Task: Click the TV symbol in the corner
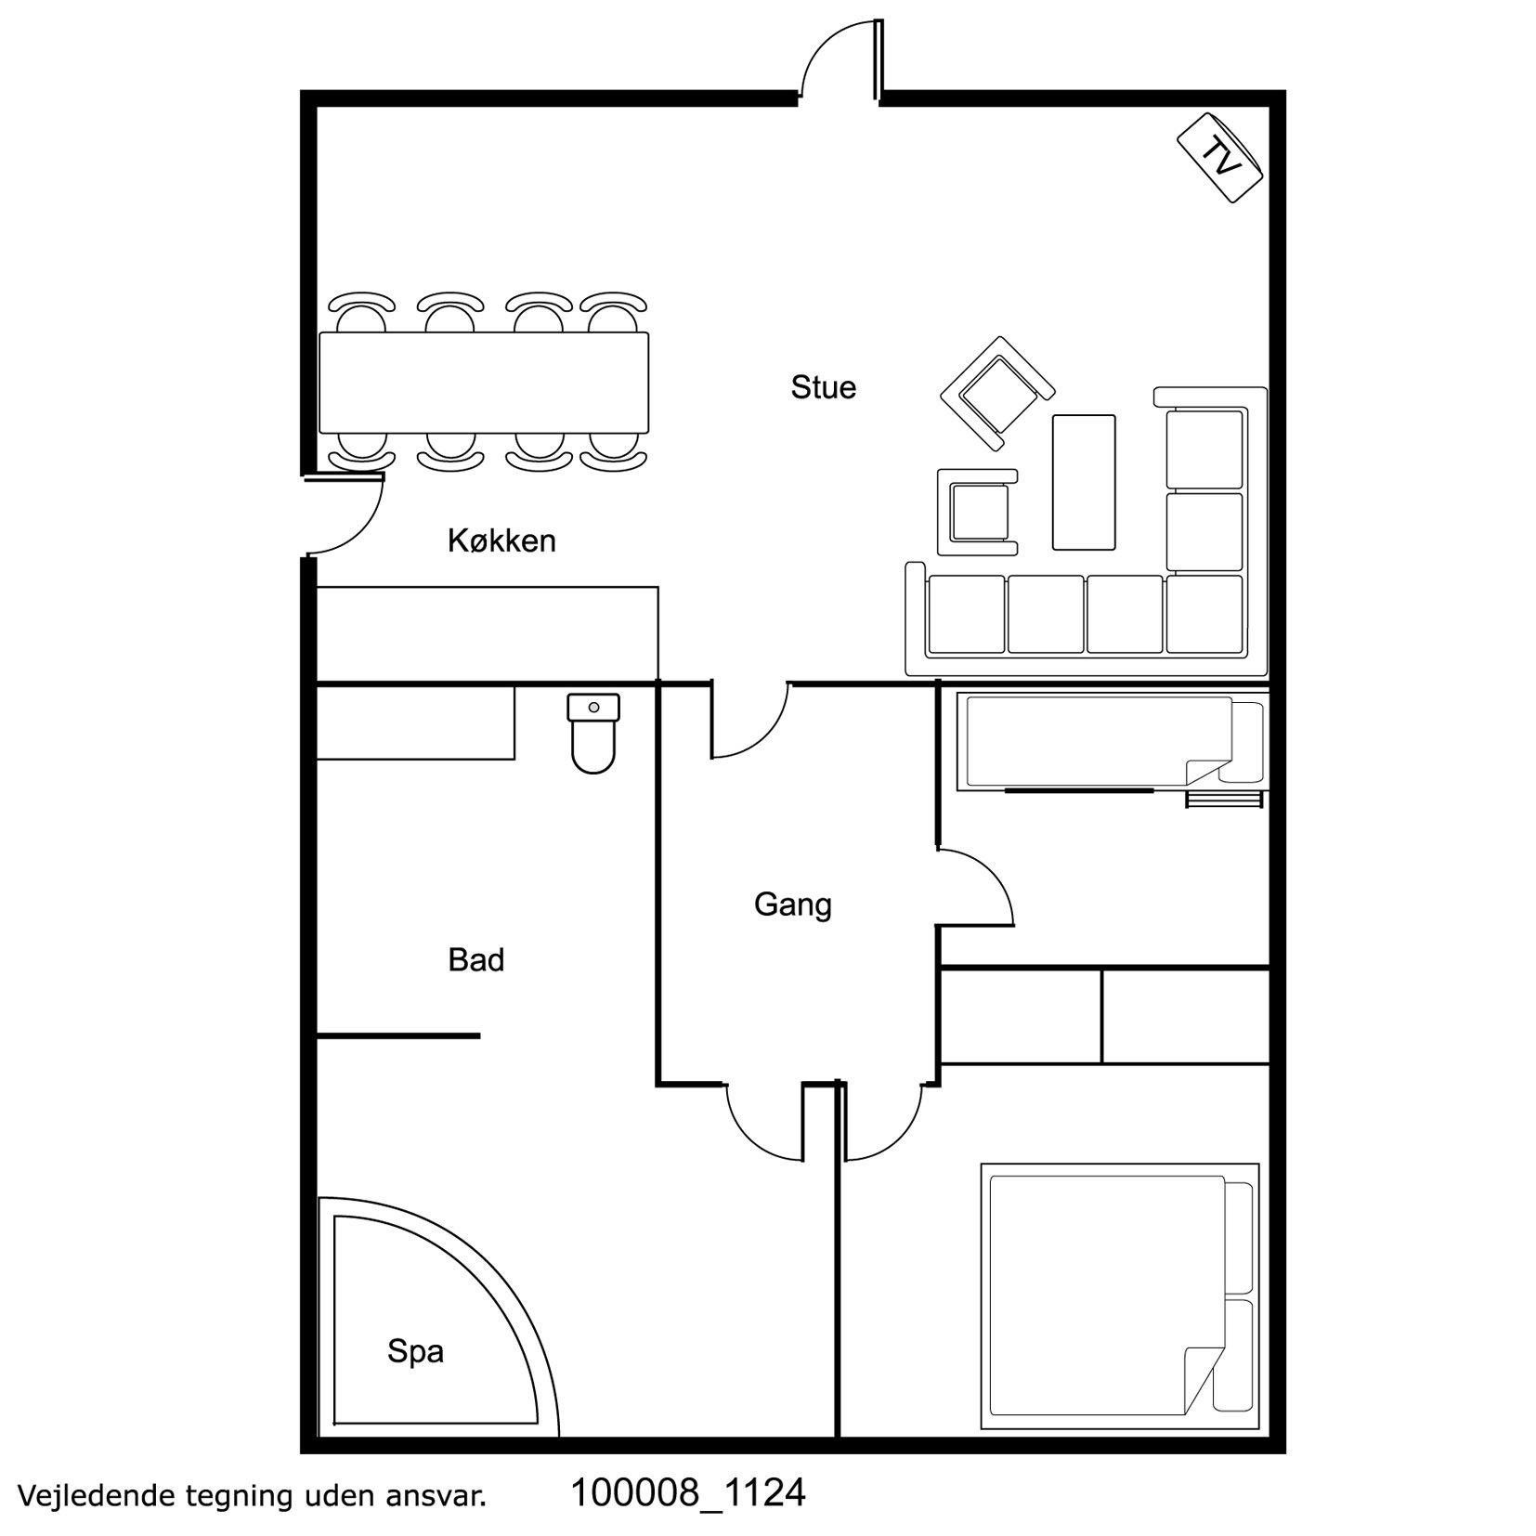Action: [1220, 158]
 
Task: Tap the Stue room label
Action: [823, 387]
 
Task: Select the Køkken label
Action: [501, 540]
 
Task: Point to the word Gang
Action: [792, 905]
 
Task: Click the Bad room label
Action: [475, 959]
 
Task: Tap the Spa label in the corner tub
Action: [415, 1352]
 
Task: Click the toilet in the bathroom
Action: [593, 733]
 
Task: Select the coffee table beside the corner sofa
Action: [1083, 482]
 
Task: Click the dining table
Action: [483, 382]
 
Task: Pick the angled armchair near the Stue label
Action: [997, 394]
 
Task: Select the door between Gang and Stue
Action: [749, 721]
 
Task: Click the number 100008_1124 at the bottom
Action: [687, 1493]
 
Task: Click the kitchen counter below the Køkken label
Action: [488, 634]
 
